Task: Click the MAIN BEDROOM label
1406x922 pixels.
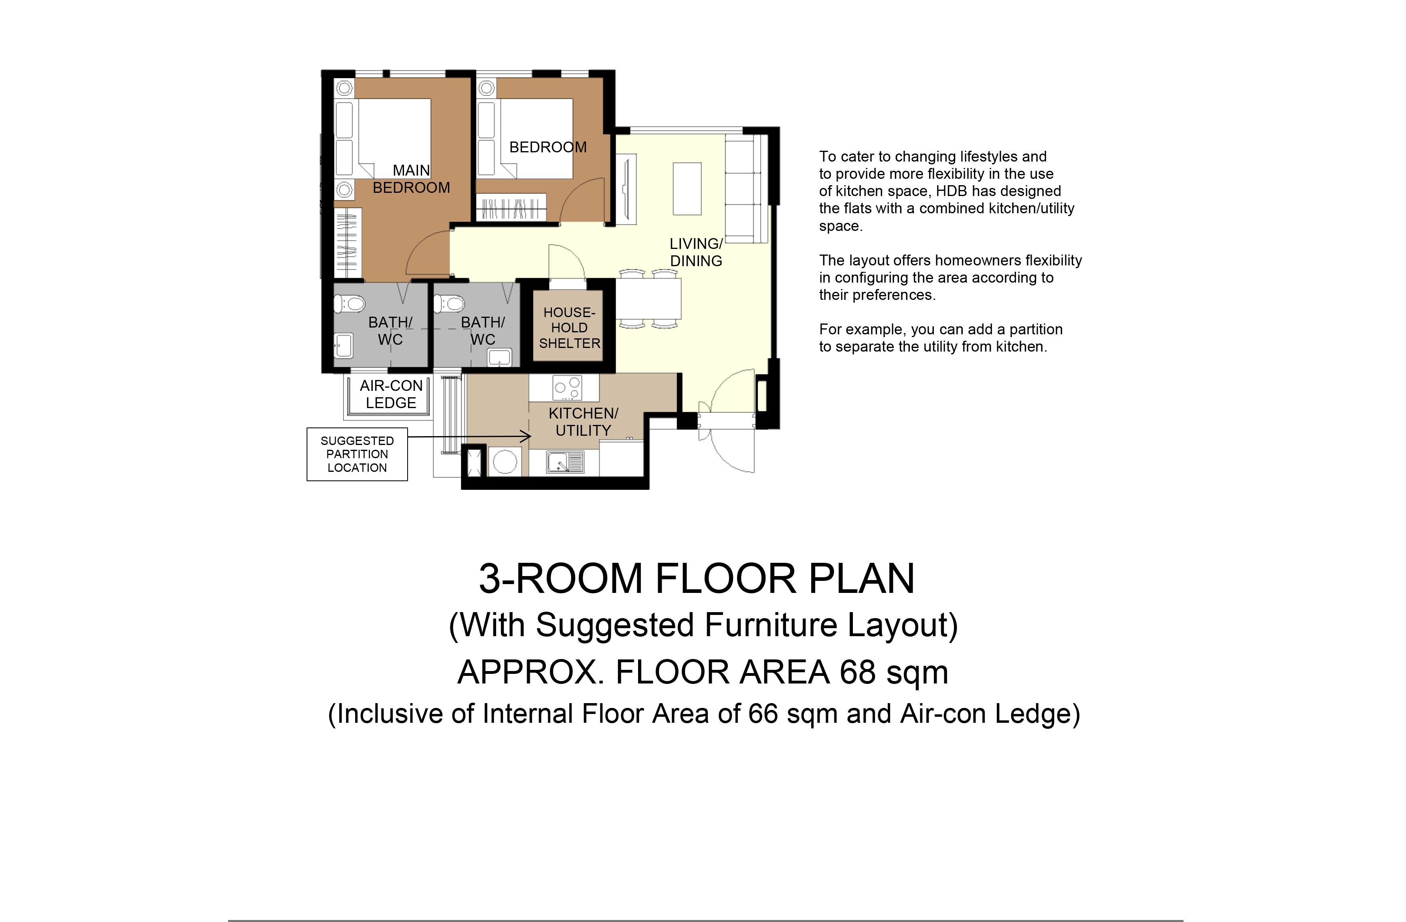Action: (411, 179)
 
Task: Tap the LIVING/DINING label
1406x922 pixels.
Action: (696, 253)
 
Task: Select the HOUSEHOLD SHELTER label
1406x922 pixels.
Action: (570, 328)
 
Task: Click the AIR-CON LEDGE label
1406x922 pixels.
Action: (391, 394)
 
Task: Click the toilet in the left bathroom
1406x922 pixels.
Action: (350, 304)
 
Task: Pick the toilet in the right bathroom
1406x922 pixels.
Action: (450, 304)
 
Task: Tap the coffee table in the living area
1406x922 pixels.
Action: (687, 188)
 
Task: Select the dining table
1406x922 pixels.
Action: (648, 299)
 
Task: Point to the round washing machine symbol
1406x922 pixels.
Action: (505, 461)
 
